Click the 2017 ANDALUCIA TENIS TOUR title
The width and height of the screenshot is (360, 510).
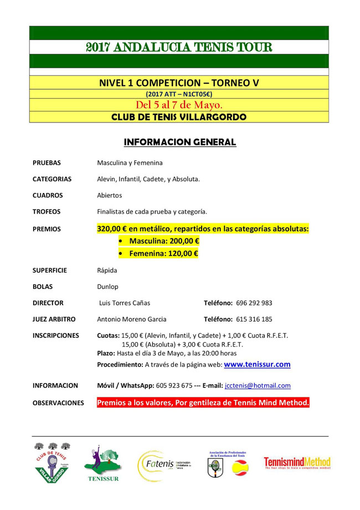click(x=179, y=47)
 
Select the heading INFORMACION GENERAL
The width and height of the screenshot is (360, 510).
click(x=180, y=142)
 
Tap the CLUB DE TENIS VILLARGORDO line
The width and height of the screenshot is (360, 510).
click(x=179, y=117)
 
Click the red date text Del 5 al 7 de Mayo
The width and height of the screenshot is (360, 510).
click(x=179, y=105)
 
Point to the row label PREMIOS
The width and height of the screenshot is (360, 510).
click(x=47, y=228)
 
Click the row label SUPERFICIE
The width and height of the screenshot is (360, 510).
click(x=50, y=271)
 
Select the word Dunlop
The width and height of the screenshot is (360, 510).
click(x=107, y=287)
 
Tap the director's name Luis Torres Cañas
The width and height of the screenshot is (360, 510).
click(x=124, y=303)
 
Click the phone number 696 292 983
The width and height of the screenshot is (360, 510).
click(x=254, y=303)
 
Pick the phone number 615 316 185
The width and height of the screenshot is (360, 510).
click(x=254, y=319)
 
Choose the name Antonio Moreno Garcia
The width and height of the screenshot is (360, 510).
click(x=132, y=319)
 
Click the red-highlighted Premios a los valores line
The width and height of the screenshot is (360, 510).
click(x=203, y=402)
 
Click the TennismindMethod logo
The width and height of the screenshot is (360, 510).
click(x=297, y=463)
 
